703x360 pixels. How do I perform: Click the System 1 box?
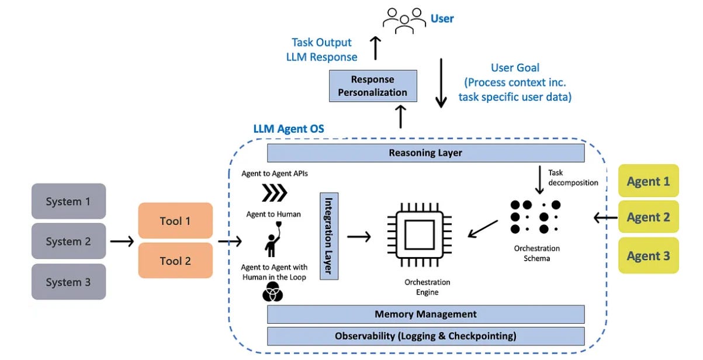click(x=68, y=202)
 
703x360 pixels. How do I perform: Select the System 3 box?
click(x=68, y=282)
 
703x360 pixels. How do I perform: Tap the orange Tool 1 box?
click(x=175, y=221)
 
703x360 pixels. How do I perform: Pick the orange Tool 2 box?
click(x=175, y=261)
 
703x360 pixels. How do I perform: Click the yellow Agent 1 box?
click(x=648, y=182)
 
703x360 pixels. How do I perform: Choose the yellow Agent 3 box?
click(x=648, y=255)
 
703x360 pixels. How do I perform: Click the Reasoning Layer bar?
click(x=425, y=153)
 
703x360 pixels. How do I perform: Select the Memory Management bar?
click(x=425, y=314)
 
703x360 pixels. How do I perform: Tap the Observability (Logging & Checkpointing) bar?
click(x=425, y=336)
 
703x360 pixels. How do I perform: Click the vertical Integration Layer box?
click(x=329, y=236)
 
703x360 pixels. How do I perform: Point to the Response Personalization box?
click(x=372, y=86)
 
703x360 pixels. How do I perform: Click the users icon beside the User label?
click(x=404, y=18)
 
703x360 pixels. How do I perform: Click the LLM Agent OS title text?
click(x=288, y=129)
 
